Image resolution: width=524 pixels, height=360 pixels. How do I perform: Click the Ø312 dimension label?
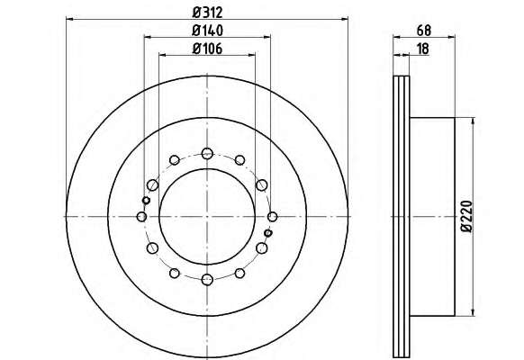pyautogui.click(x=207, y=13)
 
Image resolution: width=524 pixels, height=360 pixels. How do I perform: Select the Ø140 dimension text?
pyautogui.click(x=207, y=31)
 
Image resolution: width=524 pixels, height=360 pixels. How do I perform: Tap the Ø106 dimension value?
pyautogui.click(x=207, y=49)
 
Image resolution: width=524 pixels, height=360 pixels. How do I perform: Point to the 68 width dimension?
pyautogui.click(x=424, y=31)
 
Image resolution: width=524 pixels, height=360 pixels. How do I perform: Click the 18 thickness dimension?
pyautogui.click(x=423, y=49)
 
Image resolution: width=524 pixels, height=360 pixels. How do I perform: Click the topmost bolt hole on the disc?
pyautogui.click(x=207, y=153)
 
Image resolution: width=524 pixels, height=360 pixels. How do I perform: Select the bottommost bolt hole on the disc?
pyautogui.click(x=207, y=279)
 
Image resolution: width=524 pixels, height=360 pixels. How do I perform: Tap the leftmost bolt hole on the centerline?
pyautogui.click(x=141, y=217)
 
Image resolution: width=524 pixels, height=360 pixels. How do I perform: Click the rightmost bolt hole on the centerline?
pyautogui.click(x=273, y=217)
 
